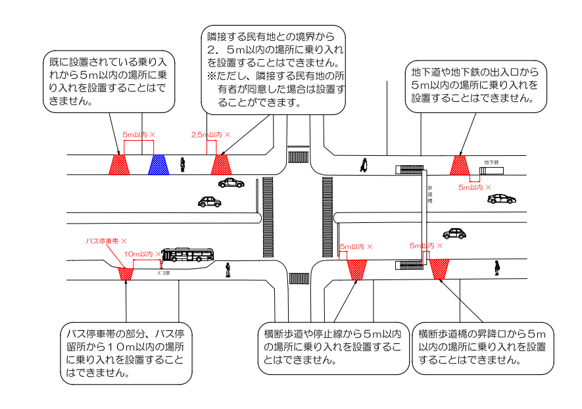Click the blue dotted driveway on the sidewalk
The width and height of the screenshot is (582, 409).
(x=158, y=164)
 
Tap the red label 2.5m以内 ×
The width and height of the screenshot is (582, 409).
(x=210, y=135)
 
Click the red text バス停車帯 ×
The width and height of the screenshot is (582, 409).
(x=106, y=242)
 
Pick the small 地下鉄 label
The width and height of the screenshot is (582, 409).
(x=491, y=162)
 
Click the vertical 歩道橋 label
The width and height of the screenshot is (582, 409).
(x=429, y=196)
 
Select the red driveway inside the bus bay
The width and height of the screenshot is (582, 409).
(x=126, y=273)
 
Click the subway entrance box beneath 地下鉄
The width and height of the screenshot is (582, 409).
(x=491, y=171)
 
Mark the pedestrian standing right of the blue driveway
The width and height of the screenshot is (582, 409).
(x=183, y=164)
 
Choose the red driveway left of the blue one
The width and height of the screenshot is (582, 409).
(x=119, y=164)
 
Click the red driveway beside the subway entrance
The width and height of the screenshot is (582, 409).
(x=459, y=165)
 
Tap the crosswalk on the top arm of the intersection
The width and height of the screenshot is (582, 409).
(x=299, y=155)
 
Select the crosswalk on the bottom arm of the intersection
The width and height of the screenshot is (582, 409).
(x=299, y=277)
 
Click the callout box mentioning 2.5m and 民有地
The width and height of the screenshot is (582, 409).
(x=272, y=68)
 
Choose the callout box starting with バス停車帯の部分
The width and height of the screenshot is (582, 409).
(x=125, y=352)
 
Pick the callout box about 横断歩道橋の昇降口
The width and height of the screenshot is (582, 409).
(x=482, y=347)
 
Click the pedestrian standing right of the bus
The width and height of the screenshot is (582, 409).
(x=228, y=270)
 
